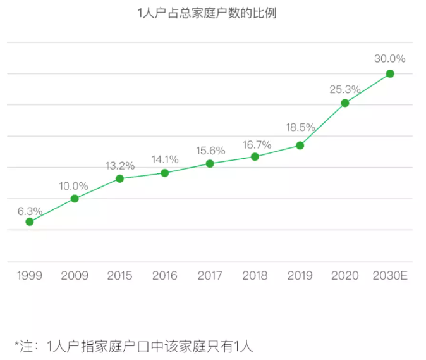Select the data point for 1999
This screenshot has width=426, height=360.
point(30,221)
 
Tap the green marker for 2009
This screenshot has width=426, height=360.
point(75,199)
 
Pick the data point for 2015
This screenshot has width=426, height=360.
point(119,178)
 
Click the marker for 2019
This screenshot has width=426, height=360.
point(300,146)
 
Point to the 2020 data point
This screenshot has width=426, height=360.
point(345,103)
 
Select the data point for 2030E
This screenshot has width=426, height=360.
point(390,73)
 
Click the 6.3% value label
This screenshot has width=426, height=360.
point(30,211)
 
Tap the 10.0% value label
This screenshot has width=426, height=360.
point(74,186)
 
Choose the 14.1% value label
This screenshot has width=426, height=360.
point(164,159)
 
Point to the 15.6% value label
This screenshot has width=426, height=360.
point(210,151)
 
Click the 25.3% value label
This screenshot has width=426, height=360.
point(344,90)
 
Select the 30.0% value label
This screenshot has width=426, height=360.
point(389,59)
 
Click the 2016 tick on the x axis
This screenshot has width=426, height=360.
point(165,276)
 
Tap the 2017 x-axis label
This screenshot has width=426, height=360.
point(210,276)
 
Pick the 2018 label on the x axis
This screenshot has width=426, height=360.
point(255,276)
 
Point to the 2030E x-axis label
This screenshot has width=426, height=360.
point(390,276)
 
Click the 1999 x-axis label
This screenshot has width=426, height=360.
point(30,276)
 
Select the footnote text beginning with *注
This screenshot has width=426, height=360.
point(133,345)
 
